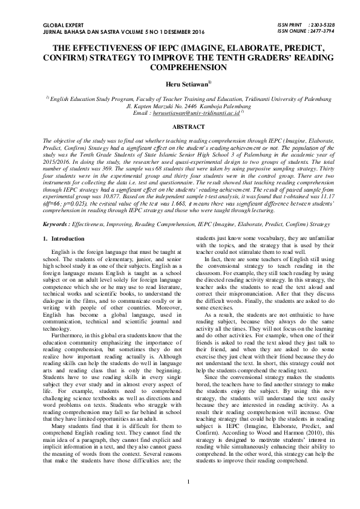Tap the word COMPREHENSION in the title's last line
(x=180, y=66)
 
